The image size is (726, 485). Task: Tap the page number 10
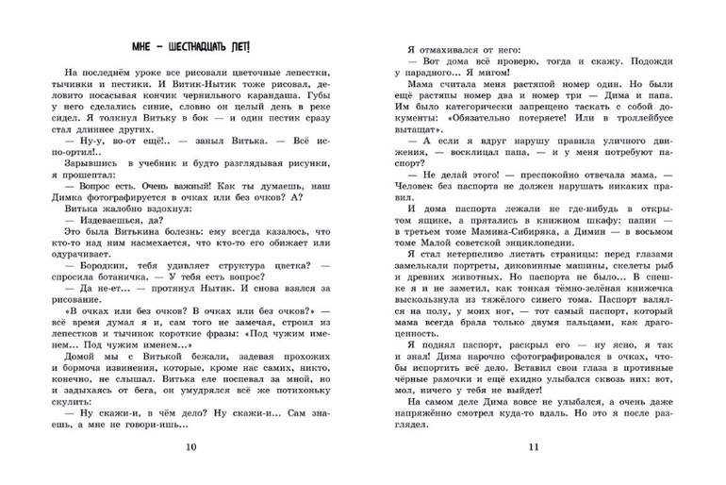click(x=192, y=446)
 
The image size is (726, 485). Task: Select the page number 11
click(x=532, y=446)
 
